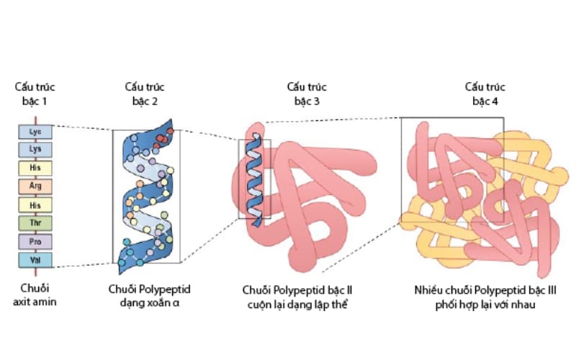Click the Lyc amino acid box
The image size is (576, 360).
pyautogui.click(x=35, y=132)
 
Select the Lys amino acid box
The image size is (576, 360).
pyautogui.click(x=35, y=150)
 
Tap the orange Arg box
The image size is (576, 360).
pyautogui.click(x=35, y=186)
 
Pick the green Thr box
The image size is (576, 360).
pyautogui.click(x=35, y=223)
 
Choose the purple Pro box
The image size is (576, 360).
pyautogui.click(x=35, y=241)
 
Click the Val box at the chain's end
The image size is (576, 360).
pyautogui.click(x=35, y=259)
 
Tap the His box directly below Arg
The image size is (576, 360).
pyautogui.click(x=35, y=205)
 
